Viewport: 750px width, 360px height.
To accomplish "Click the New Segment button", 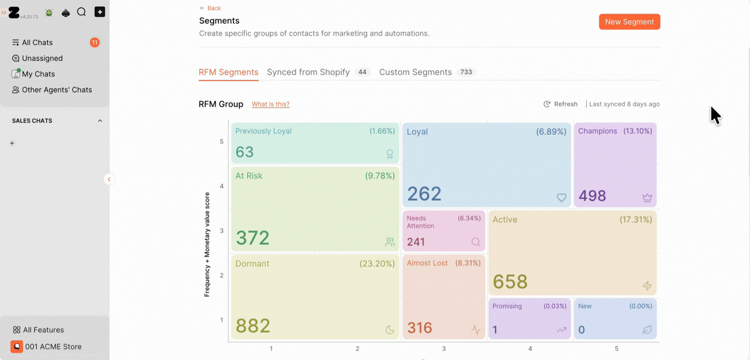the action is pyautogui.click(x=629, y=22).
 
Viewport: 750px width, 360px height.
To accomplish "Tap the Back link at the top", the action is pyautogui.click(x=210, y=8).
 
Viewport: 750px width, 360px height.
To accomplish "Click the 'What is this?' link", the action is pyautogui.click(x=270, y=104).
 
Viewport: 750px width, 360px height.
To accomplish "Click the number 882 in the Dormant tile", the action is pyautogui.click(x=253, y=326).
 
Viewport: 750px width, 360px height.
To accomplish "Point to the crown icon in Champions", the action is pyautogui.click(x=647, y=197).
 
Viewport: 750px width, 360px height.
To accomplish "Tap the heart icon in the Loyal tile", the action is pyautogui.click(x=562, y=197).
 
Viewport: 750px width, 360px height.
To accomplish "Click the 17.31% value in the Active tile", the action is pyautogui.click(x=636, y=220).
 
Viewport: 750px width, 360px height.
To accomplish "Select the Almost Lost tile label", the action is pyautogui.click(x=427, y=263).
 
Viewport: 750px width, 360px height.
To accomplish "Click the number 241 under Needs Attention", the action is pyautogui.click(x=416, y=242).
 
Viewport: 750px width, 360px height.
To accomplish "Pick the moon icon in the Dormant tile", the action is pyautogui.click(x=390, y=330).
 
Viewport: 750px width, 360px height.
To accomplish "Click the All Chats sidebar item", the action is pyautogui.click(x=37, y=42).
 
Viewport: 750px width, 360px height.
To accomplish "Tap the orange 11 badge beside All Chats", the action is pyautogui.click(x=95, y=42).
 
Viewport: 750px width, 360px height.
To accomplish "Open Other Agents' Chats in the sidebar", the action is pyautogui.click(x=57, y=90).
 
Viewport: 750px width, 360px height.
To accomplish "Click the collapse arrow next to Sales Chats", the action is pyautogui.click(x=100, y=121).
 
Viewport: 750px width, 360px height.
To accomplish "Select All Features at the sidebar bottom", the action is pyautogui.click(x=43, y=330).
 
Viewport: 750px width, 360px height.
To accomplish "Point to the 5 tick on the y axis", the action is pyautogui.click(x=222, y=142).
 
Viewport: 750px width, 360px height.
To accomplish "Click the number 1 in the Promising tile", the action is pyautogui.click(x=495, y=330).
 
